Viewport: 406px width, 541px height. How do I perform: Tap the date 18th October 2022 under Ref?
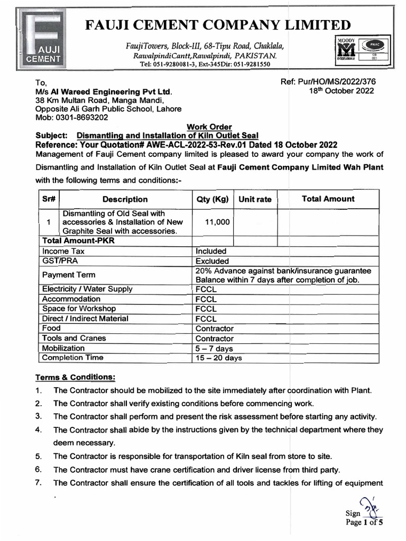pyautogui.click(x=341, y=90)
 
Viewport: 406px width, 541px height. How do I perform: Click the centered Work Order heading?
pyautogui.click(x=209, y=127)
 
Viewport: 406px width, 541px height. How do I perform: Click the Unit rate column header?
pyautogui.click(x=255, y=199)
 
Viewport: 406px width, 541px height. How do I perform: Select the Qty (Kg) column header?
pyautogui.click(x=212, y=199)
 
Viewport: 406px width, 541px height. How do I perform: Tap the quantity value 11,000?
pyautogui.click(x=217, y=222)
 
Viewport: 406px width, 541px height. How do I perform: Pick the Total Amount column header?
pyautogui.click(x=328, y=199)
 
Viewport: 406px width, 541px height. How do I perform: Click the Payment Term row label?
pyautogui.click(x=69, y=275)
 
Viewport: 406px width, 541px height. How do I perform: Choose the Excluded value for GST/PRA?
pyautogui.click(x=212, y=261)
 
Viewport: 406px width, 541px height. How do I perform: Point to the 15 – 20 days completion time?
pyautogui.click(x=218, y=358)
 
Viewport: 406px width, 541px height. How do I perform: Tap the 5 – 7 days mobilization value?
pyautogui.click(x=214, y=348)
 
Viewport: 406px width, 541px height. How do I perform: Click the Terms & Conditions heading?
pyautogui.click(x=75, y=377)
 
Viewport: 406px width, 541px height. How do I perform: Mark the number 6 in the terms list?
pyautogui.click(x=38, y=469)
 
